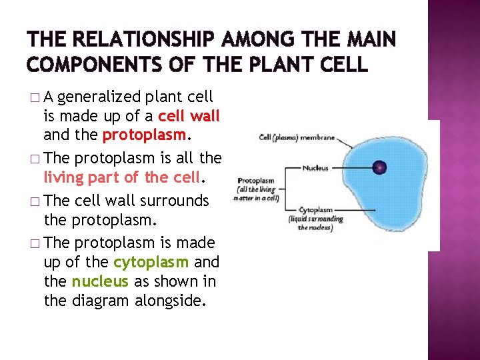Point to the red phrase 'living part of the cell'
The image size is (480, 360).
(121, 177)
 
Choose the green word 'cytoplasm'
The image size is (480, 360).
(151, 261)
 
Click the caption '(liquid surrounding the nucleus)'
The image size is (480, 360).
(316, 223)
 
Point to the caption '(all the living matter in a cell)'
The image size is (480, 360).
(257, 193)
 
